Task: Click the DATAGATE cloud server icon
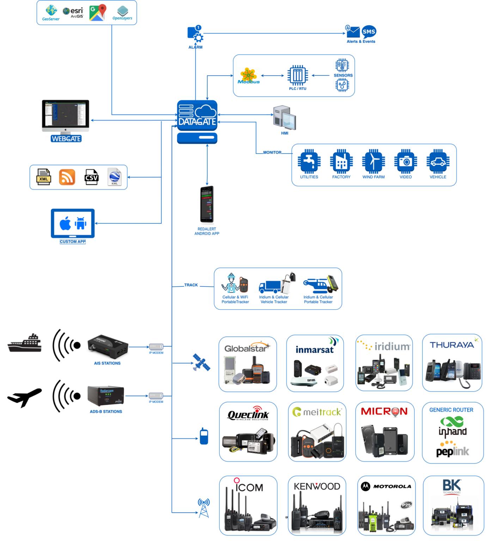point(197,116)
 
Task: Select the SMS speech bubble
point(369,31)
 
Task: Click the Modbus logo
point(249,76)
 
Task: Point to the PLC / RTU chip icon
point(298,75)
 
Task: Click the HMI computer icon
point(285,118)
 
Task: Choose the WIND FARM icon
point(373,162)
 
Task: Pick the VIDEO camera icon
point(405,162)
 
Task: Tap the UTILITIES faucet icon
point(309,162)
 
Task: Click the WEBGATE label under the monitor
point(66,139)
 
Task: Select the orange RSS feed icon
point(67,177)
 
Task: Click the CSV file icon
point(91,177)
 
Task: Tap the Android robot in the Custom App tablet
point(81,223)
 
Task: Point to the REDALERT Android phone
point(207,204)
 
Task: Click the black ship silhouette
point(25,343)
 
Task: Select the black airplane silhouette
point(24,397)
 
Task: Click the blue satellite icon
point(201,362)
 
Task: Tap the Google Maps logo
point(98,13)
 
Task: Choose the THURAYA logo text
point(452,345)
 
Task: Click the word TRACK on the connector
point(191,285)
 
